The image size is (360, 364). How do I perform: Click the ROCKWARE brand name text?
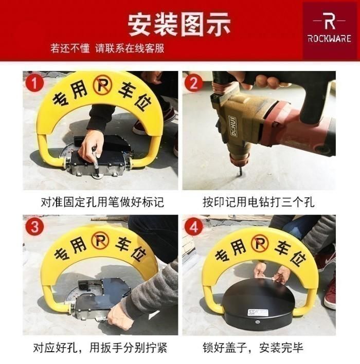coord(329,39)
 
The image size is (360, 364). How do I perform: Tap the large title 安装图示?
coord(179,24)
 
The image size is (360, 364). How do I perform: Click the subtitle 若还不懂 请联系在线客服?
coord(107,48)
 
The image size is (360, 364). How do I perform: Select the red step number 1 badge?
coord(34,83)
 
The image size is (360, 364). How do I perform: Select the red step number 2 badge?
coord(193,83)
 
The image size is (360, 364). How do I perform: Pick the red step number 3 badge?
coord(34,227)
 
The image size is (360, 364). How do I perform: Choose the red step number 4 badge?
coord(194,227)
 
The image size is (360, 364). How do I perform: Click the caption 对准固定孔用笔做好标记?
coord(102,202)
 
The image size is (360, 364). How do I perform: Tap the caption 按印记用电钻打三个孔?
coord(259,202)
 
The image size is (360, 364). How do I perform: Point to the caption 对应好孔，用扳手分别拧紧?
coord(100,348)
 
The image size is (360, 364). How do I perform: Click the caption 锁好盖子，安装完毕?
coord(253,348)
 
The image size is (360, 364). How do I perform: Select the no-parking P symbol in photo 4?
coord(259,242)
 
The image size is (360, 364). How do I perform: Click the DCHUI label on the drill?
coord(234,127)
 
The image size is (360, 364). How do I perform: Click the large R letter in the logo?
coord(329,22)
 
